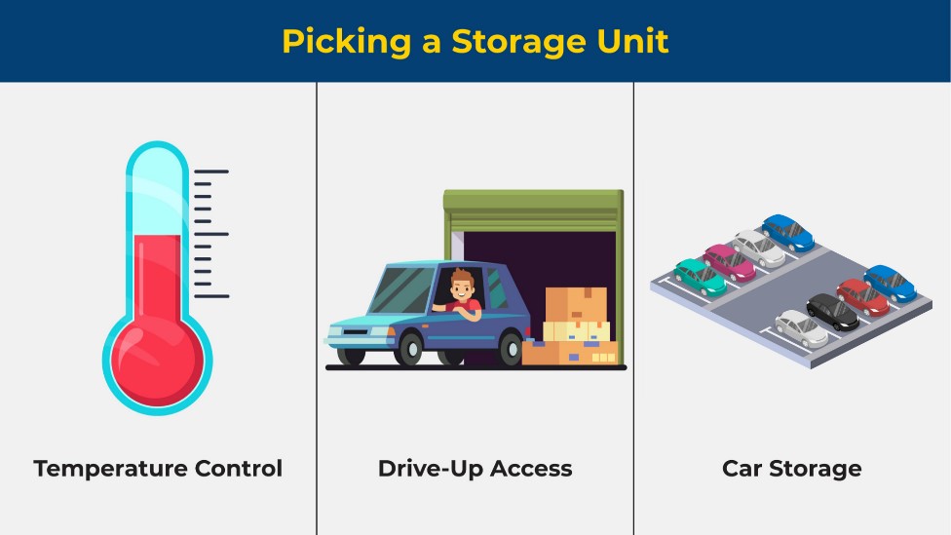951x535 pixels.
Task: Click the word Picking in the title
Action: click(346, 42)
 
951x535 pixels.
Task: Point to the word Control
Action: click(239, 469)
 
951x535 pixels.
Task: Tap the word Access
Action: click(531, 469)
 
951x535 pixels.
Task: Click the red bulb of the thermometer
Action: click(158, 361)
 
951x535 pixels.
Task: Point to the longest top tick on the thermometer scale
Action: click(211, 172)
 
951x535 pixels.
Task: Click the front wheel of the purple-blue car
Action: click(409, 348)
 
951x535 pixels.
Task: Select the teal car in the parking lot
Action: click(701, 277)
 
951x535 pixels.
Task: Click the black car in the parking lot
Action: click(833, 312)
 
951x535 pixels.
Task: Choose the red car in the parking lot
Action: click(863, 297)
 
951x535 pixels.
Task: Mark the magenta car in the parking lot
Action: click(730, 263)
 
